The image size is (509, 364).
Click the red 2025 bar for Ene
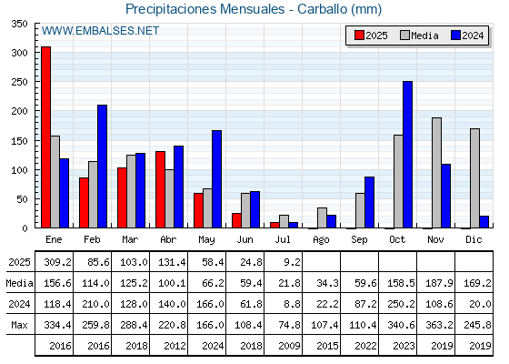[x=45, y=137]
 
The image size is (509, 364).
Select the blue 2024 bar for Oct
[x=408, y=155]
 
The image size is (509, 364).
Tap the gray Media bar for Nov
[x=436, y=173]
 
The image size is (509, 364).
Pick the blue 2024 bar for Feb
[x=102, y=167]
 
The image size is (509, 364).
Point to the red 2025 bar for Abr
[x=160, y=189]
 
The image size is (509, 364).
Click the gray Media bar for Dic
[x=474, y=178]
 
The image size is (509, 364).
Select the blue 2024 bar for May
[x=217, y=179]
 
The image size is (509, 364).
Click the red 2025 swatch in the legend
[x=359, y=35]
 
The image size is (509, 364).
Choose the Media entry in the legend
[x=419, y=35]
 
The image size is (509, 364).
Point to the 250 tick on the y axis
[x=19, y=82]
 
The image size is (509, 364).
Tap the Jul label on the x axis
[x=283, y=240]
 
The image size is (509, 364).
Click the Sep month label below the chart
[x=359, y=240]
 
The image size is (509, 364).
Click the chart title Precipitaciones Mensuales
[x=205, y=9]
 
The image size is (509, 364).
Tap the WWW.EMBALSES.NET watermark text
[x=100, y=31]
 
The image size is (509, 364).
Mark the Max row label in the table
[x=19, y=325]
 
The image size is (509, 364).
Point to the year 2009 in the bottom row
[x=289, y=346]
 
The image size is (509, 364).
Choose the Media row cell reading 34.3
[x=327, y=283]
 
